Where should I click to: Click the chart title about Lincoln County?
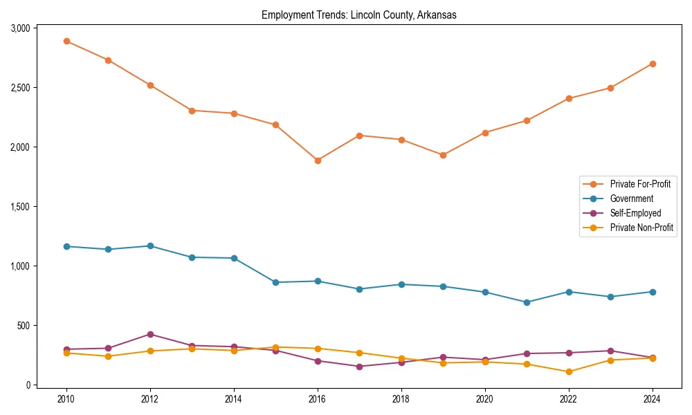[358, 15]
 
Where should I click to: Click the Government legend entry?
[631, 199]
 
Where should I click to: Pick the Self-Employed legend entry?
[635, 213]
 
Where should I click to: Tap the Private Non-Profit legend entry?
[641, 228]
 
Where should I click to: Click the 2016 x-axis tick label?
[318, 399]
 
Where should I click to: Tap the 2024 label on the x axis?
[653, 399]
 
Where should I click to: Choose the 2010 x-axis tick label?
[66, 399]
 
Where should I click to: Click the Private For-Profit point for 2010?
[66, 41]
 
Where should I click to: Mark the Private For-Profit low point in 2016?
[318, 160]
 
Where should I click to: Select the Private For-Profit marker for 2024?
[653, 64]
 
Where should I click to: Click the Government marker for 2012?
[150, 246]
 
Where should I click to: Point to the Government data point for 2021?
[527, 302]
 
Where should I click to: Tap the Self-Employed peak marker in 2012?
[150, 334]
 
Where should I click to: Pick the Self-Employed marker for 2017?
[359, 367]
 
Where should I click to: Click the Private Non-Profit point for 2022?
[569, 371]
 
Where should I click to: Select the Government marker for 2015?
[275, 282]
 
